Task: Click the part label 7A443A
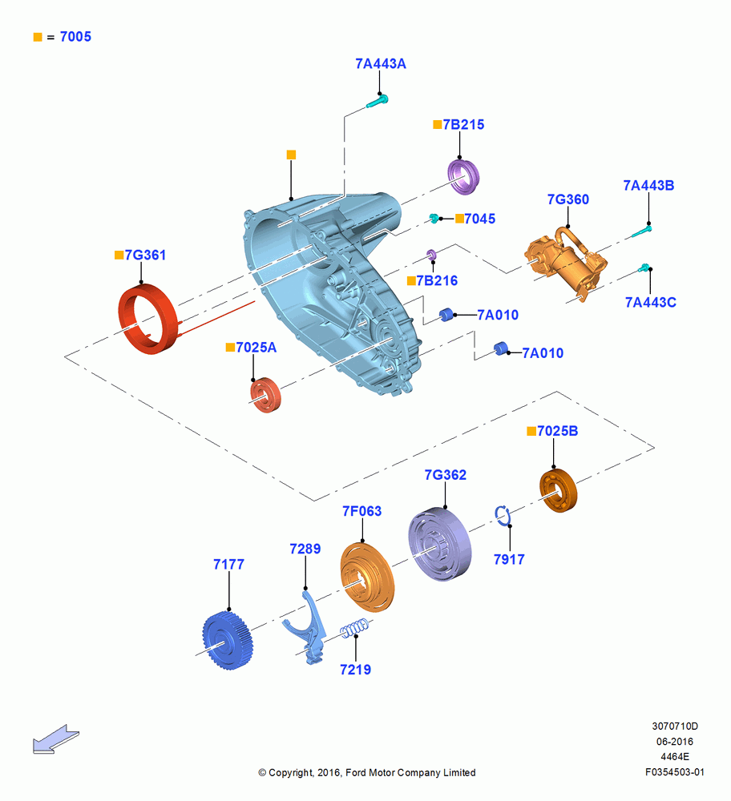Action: point(380,64)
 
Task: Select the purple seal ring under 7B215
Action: point(463,177)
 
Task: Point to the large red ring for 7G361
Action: point(148,319)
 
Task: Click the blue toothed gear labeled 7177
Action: point(228,640)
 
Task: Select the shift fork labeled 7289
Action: point(306,627)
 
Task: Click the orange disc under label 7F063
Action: point(368,578)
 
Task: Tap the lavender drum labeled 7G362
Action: point(439,544)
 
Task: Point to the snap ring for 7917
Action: point(502,515)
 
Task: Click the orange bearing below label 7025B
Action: point(558,490)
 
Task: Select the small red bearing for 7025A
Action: point(265,395)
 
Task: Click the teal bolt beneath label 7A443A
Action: point(378,102)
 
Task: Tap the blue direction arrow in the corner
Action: point(56,739)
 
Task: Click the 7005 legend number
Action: point(75,37)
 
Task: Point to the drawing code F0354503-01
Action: point(675,772)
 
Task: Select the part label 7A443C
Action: point(650,303)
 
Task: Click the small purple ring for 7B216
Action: point(431,255)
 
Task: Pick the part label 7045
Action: point(479,219)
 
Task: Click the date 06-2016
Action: point(675,741)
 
